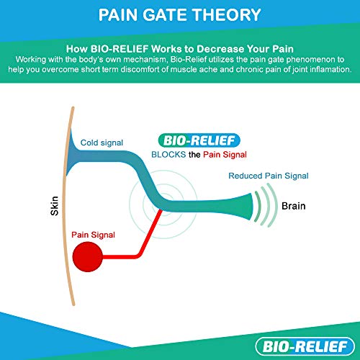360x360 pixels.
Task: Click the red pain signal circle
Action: [x=88, y=256]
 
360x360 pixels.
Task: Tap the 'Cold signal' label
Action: [x=102, y=143]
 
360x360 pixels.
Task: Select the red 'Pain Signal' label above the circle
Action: [x=93, y=235]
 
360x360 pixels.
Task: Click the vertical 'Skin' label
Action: [x=55, y=206]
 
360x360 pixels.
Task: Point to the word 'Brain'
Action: [x=294, y=206]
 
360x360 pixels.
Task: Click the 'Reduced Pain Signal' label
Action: [x=269, y=176]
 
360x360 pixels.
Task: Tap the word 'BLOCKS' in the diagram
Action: [x=168, y=155]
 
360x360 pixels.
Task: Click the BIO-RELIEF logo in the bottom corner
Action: [x=305, y=346]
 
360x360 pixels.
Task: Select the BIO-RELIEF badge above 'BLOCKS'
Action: [x=199, y=140]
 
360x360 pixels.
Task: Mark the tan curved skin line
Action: [x=63, y=206]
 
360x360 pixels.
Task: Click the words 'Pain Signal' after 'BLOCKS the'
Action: [x=225, y=155]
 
